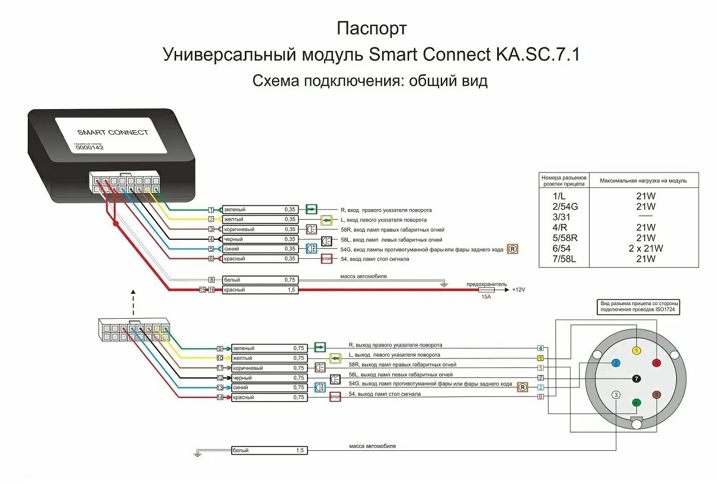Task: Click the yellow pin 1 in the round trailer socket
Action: coord(636,350)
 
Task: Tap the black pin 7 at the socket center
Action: coord(636,378)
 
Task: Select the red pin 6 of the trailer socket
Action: coord(656,363)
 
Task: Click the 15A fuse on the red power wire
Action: coord(486,290)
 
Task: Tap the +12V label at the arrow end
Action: coord(518,290)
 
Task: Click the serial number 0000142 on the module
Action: coord(89,148)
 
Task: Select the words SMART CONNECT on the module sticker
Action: coord(113,132)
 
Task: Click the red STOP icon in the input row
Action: coord(327,259)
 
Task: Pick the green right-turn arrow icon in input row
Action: coord(312,209)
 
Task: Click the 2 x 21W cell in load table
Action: coord(646,248)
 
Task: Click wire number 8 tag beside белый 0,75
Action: coord(210,280)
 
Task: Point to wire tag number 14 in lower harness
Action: coord(219,398)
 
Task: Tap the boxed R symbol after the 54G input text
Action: coord(513,249)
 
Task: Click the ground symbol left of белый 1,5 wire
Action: coord(197,454)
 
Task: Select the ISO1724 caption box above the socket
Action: coord(639,306)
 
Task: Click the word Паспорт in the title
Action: coord(372,28)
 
